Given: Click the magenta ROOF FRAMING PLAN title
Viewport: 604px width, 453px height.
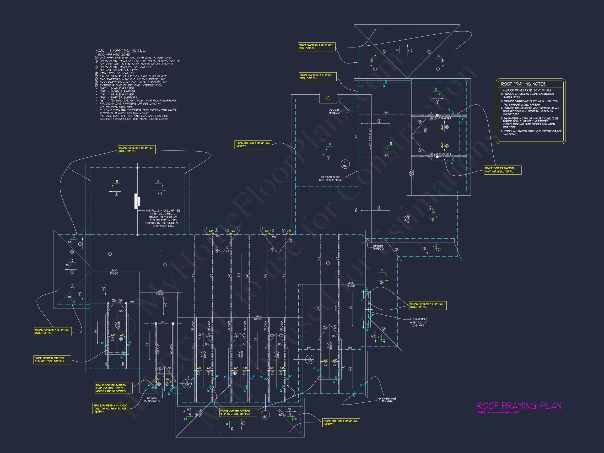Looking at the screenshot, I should click(519, 406).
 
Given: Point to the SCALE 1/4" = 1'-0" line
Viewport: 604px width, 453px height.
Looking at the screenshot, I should click(498, 412).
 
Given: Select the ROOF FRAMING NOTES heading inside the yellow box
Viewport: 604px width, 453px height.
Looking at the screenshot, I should click(524, 84).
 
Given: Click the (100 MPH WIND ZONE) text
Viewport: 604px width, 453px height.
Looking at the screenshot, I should click(114, 55).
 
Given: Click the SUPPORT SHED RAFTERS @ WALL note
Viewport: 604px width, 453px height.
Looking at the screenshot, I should click(330, 178).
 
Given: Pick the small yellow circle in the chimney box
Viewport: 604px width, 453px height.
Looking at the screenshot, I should click(328, 98).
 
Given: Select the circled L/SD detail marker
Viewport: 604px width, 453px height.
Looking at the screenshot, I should click(345, 164).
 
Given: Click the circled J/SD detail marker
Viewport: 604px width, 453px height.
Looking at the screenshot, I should click(265, 415).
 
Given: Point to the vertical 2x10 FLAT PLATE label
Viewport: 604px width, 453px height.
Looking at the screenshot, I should click(370, 138).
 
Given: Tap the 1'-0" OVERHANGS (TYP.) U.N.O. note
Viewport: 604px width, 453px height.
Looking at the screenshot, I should click(386, 400).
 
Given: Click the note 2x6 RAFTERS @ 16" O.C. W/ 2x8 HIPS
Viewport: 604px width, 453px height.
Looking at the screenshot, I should click(418, 322).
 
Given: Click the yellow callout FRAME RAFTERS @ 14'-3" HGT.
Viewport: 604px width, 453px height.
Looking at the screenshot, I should click(111, 408).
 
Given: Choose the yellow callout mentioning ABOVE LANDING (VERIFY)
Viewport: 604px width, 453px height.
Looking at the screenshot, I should click(114, 388).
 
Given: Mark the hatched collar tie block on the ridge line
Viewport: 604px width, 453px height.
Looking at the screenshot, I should click(138, 201).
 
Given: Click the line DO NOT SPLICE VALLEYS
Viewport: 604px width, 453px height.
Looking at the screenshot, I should click(119, 70).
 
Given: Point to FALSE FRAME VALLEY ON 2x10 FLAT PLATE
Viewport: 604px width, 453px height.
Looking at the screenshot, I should click(133, 76).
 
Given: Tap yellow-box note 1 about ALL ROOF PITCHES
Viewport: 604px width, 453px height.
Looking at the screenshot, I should click(526, 90).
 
